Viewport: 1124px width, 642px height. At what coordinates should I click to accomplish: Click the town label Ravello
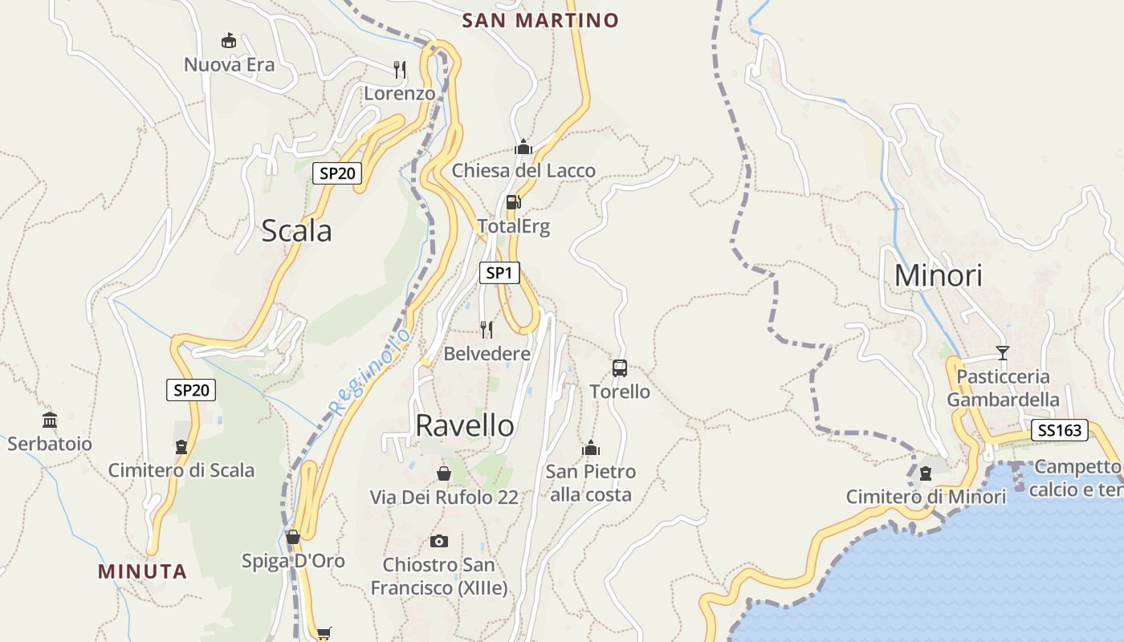465,425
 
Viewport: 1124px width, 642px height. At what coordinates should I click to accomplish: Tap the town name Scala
296,231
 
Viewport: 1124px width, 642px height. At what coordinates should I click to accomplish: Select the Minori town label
938,275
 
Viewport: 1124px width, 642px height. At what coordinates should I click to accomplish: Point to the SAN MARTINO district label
540,20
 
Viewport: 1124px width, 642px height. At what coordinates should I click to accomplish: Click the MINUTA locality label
142,571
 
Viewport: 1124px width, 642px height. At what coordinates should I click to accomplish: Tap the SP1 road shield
499,273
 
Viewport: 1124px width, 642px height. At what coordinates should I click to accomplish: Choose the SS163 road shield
1059,430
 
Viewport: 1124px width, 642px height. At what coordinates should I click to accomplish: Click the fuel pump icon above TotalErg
514,201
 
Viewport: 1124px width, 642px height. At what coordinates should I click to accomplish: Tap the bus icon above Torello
620,368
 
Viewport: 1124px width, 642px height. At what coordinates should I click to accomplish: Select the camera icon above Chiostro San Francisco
438,541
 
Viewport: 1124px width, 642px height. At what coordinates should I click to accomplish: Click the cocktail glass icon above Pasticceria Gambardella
1002,352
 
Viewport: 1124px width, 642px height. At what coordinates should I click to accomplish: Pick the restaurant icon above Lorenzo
400,70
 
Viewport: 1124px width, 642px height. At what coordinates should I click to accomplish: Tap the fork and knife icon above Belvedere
487,329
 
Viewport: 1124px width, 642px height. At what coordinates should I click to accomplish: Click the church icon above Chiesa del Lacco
523,147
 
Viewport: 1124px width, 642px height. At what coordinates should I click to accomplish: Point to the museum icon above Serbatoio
50,420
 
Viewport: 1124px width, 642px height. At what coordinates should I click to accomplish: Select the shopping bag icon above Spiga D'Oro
293,537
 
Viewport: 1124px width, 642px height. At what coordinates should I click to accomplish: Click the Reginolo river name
370,372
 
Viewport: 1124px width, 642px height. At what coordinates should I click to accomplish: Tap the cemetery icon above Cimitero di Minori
926,473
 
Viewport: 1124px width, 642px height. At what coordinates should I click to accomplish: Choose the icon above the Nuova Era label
229,40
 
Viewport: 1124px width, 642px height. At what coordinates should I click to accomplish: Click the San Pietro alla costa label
591,483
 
